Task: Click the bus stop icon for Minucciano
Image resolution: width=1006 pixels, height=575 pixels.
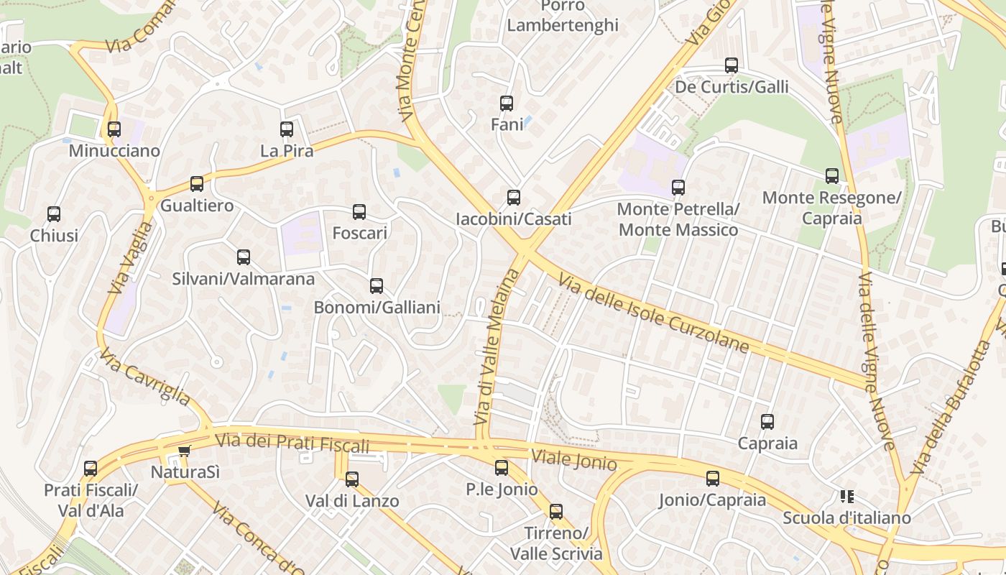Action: coord(114,129)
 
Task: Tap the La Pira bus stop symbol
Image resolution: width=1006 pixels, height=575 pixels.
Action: coord(287,129)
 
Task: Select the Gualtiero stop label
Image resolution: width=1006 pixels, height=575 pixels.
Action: coord(197,206)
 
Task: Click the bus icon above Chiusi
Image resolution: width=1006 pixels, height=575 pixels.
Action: coord(54,213)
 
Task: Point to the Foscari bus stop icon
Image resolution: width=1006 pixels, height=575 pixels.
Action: coord(359,211)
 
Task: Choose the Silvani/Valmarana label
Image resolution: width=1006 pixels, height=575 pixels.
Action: coord(243,279)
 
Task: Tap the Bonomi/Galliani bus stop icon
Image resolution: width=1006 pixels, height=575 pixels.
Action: coord(377,286)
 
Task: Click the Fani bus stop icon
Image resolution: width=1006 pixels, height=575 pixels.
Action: coord(507,103)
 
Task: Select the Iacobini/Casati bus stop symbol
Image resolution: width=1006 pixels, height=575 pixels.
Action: coord(514,197)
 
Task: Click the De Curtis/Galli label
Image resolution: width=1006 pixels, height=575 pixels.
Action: coord(732,88)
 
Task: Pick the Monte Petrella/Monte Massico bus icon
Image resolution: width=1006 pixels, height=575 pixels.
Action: coord(678,188)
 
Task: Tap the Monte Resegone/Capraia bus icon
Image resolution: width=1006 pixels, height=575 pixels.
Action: coord(832,175)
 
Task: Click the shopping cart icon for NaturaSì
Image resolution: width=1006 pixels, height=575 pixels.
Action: coord(185,451)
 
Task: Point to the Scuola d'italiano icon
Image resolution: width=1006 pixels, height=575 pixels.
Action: coord(846,496)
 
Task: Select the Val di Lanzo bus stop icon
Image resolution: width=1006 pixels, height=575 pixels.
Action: coord(352,479)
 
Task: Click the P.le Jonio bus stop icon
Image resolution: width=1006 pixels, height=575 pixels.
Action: coord(502,467)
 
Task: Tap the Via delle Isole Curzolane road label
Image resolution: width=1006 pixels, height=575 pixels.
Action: coord(653,315)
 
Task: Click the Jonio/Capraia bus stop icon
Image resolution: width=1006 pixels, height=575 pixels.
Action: coord(713,478)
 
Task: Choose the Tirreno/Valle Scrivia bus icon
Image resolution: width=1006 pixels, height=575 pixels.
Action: coord(556,511)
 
